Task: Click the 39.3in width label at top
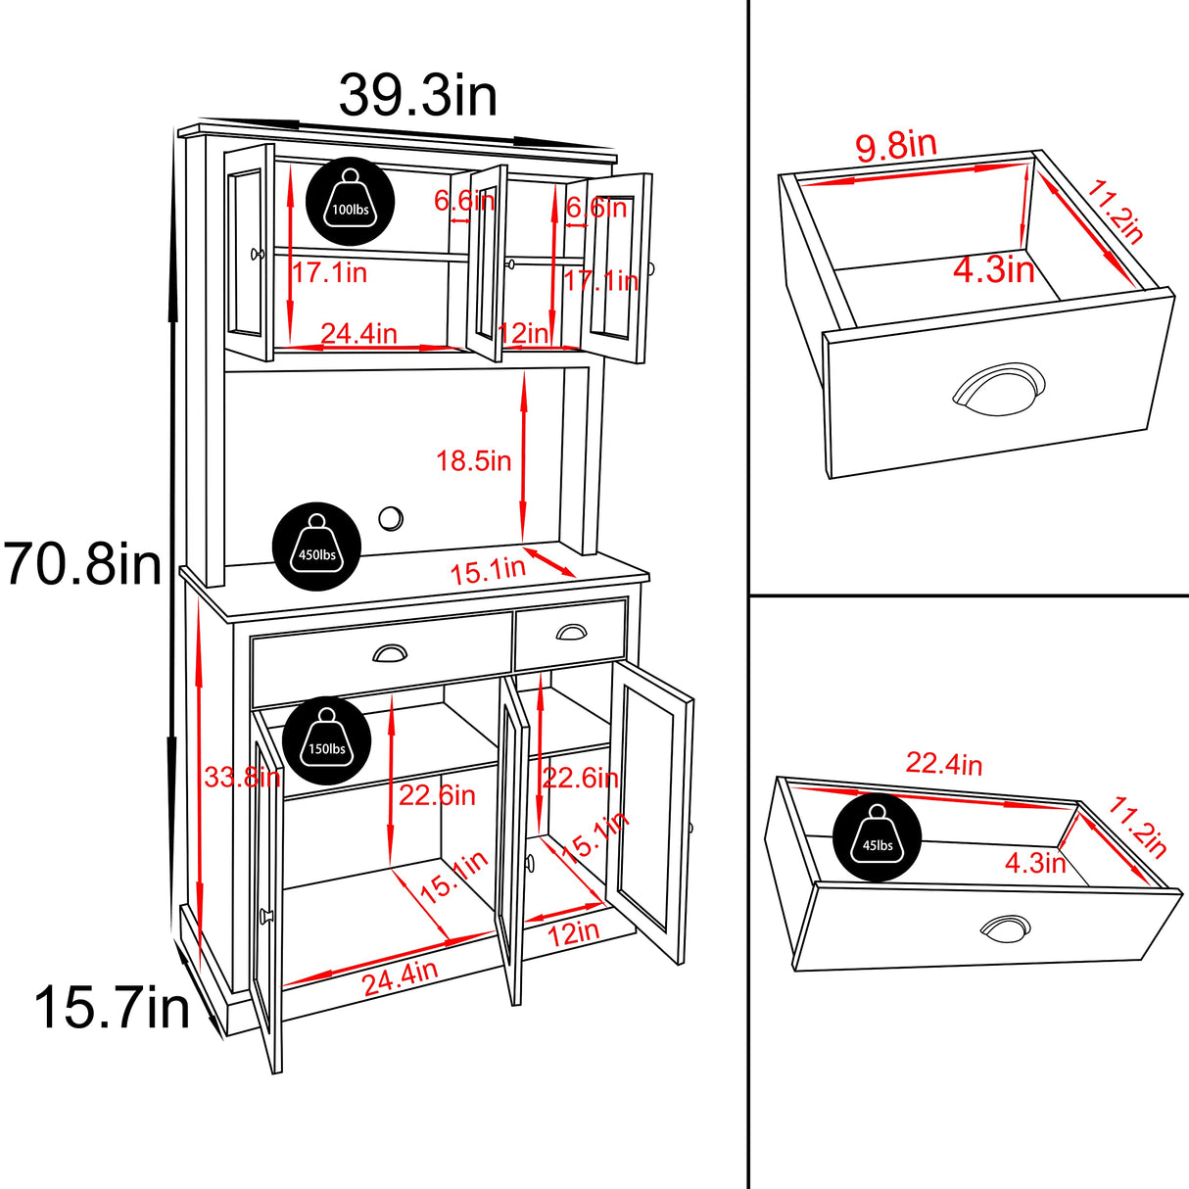coord(418,96)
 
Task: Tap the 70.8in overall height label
coord(83,565)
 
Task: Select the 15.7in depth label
coord(112,1008)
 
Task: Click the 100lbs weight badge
coord(351,203)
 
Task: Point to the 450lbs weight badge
coord(316,548)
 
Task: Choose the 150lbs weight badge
coord(327,742)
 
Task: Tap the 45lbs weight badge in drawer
coord(877,838)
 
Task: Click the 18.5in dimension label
coord(474,460)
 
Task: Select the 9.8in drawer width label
coord(896,146)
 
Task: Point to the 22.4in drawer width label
coord(944,764)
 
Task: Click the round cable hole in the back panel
coord(391,518)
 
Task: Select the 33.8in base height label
coord(242,778)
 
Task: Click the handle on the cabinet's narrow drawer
coord(571,633)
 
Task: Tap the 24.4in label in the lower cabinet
coord(401,977)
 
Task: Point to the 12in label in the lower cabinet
coord(573,932)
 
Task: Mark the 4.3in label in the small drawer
coord(994,269)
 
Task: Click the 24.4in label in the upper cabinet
coord(358,334)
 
